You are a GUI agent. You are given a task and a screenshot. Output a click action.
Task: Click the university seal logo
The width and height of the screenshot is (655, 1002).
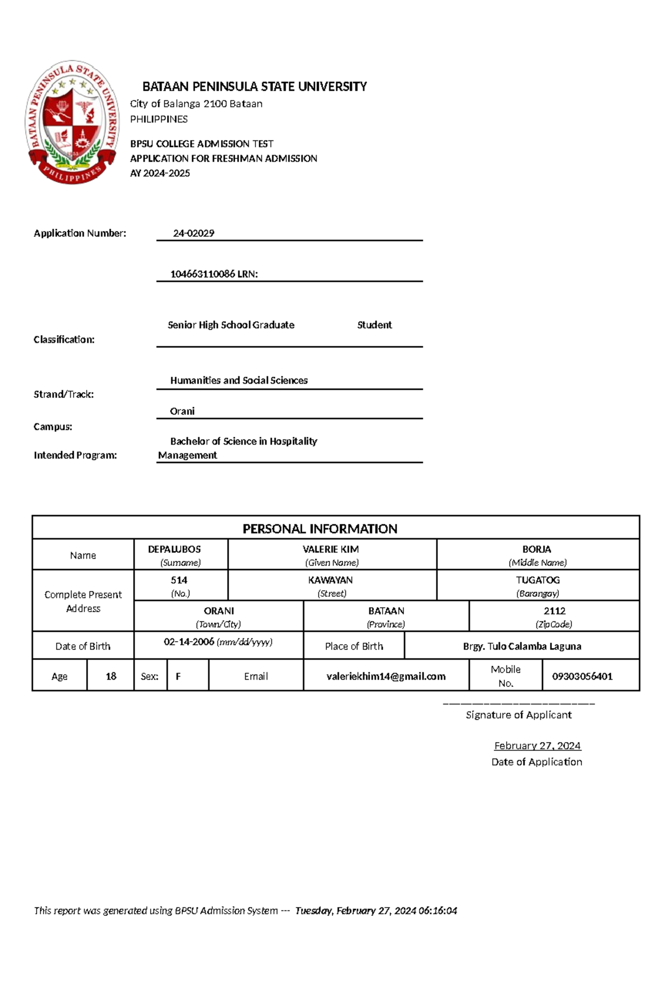point(72,122)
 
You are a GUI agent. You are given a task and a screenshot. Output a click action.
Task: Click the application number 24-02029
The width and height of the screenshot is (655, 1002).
point(193,233)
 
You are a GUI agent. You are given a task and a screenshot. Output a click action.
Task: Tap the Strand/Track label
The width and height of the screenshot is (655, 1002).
point(64,394)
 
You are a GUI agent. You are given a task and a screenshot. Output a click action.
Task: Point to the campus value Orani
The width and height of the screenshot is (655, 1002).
point(182,411)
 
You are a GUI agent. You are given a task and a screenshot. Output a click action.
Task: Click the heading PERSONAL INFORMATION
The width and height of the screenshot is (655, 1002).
point(320,529)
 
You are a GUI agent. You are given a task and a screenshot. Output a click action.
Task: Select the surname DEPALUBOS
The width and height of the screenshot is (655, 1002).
point(174,549)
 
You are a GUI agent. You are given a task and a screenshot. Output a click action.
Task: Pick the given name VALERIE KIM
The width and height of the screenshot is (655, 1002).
point(331,549)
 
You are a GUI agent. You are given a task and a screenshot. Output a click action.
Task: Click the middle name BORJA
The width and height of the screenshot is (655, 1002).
point(537,549)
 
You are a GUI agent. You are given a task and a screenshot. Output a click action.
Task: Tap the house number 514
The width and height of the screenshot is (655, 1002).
point(179,580)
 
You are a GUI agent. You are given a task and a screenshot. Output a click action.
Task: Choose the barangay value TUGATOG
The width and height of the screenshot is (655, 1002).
point(538,580)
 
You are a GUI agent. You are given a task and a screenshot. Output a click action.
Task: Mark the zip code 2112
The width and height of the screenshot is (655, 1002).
point(554,611)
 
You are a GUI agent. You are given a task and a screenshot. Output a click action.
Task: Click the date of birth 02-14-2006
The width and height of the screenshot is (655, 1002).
point(189,642)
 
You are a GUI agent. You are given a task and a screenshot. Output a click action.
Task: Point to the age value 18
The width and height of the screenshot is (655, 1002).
point(111,676)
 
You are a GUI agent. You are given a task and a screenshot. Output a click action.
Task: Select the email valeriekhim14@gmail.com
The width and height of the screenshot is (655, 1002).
point(386,676)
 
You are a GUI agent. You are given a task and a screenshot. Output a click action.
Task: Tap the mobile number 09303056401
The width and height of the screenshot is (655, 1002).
point(582,676)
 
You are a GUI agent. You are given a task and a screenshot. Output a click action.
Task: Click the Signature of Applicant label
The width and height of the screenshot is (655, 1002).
point(519,715)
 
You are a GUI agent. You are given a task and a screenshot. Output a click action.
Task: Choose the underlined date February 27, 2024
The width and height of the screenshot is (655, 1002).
point(537,745)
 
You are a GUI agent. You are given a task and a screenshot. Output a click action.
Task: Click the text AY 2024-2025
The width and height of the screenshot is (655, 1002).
point(160,173)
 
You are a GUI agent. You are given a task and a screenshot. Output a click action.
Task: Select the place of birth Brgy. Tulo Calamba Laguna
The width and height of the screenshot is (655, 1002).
point(522,646)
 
